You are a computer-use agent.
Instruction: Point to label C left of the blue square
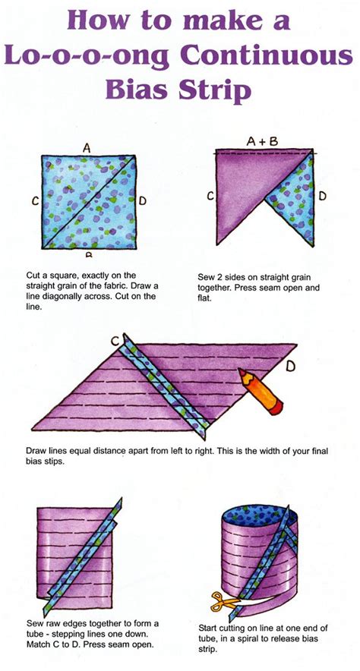point(35,201)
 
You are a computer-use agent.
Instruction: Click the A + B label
point(262,141)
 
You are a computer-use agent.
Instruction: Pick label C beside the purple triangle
point(209,196)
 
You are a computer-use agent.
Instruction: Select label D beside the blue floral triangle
point(322,196)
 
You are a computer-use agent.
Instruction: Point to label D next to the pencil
point(291,367)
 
